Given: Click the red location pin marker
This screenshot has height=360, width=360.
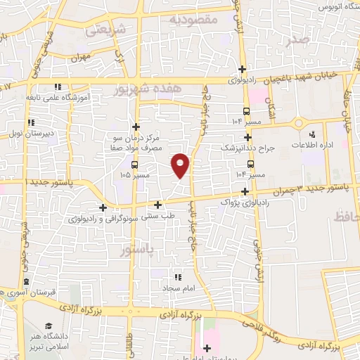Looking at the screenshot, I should (x=181, y=165).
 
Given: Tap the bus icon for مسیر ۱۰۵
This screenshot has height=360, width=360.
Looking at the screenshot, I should (x=134, y=165).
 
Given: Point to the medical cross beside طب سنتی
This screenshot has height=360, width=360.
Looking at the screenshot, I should (x=158, y=205).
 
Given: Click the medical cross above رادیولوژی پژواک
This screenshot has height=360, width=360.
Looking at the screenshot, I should (x=245, y=191).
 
